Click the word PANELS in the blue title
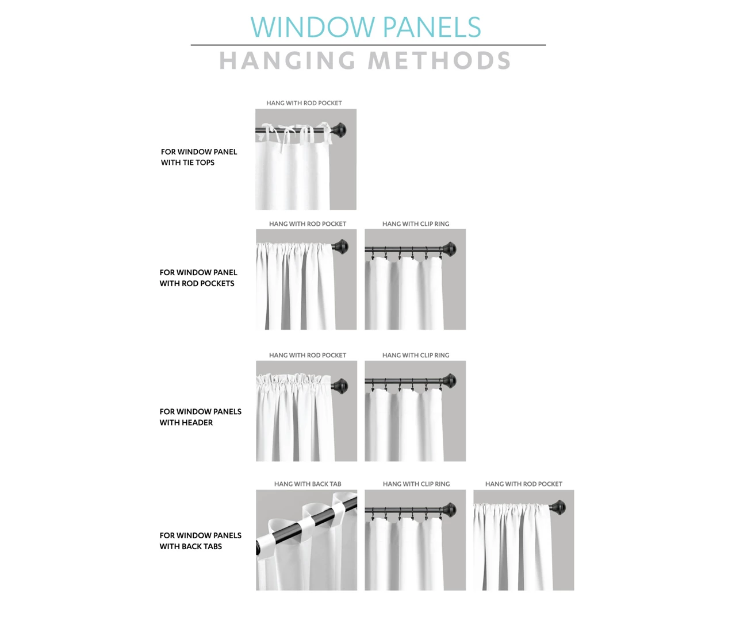[432, 27]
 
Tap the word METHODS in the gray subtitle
[439, 60]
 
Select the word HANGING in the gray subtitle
[287, 60]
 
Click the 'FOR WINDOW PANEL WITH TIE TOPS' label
[199, 157]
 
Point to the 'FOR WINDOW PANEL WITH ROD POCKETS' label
[198, 278]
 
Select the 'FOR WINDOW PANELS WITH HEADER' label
[201, 417]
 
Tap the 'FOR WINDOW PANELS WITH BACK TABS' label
[201, 541]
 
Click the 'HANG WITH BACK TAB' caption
[308, 484]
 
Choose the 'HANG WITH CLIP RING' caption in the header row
[416, 356]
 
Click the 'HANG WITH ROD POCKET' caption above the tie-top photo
[304, 103]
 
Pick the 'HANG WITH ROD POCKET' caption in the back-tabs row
[524, 484]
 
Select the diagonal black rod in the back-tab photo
[306, 525]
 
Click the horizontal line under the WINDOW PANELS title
[369, 45]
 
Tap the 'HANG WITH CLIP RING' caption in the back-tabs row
[416, 484]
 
